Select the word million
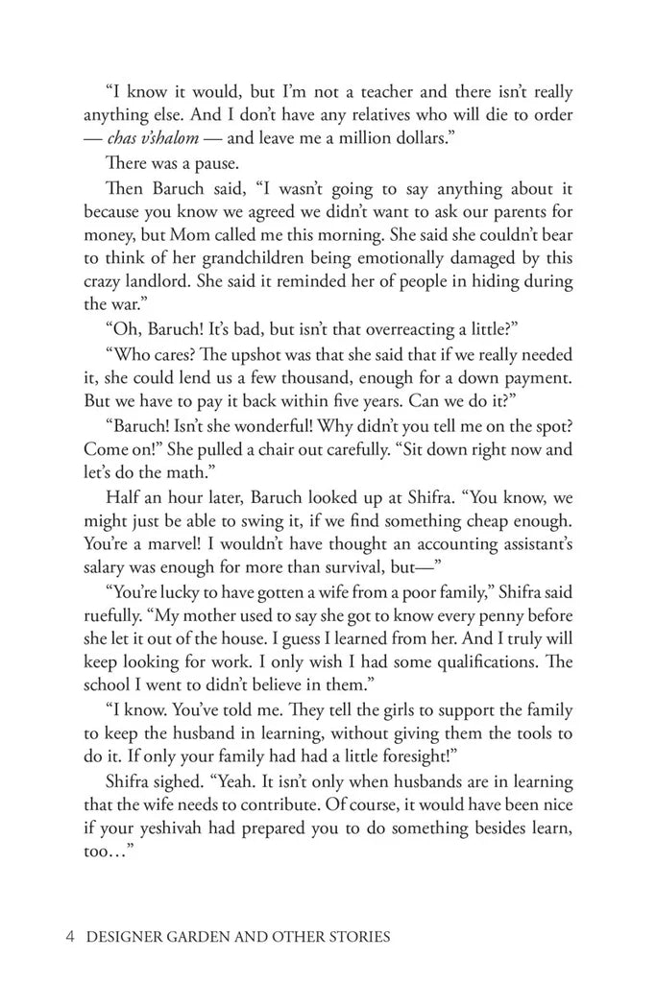[x=340, y=138]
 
